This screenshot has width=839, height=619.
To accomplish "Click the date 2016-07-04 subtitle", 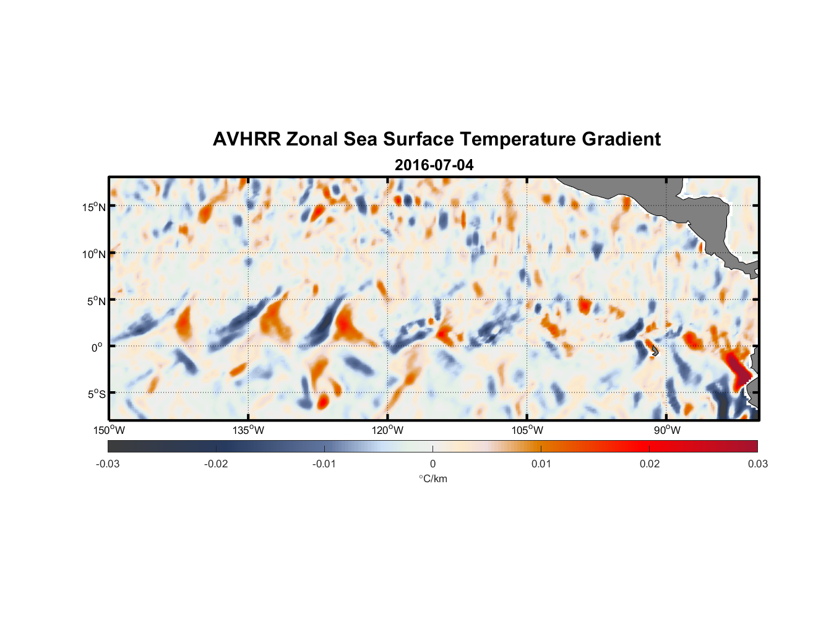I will pyautogui.click(x=434, y=165).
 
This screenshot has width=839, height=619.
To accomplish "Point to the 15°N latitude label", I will pyautogui.click(x=93, y=207).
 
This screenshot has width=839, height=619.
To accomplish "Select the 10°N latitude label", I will pyautogui.click(x=93, y=254).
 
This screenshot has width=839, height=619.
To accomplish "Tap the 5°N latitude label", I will pyautogui.click(x=95, y=301).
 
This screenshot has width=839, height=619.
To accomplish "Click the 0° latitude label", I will pyautogui.click(x=97, y=347).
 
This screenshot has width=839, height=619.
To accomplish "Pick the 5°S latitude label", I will pyautogui.click(x=95, y=394).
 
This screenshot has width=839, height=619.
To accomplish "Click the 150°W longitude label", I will pyautogui.click(x=109, y=430).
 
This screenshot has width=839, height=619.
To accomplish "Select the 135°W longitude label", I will pyautogui.click(x=248, y=430).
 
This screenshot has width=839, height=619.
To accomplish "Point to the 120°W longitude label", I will pyautogui.click(x=387, y=430).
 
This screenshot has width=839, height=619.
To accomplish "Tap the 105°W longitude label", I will pyautogui.click(x=527, y=430).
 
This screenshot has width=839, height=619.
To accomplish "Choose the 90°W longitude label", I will pyautogui.click(x=667, y=430).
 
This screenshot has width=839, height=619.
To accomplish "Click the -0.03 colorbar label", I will pyautogui.click(x=108, y=464).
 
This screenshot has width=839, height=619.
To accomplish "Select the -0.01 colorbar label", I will pyautogui.click(x=324, y=464).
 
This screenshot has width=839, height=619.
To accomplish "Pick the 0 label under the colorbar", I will pyautogui.click(x=432, y=464).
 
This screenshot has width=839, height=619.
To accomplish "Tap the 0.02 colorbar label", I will pyautogui.click(x=650, y=464).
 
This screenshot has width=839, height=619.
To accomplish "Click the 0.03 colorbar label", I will pyautogui.click(x=757, y=464).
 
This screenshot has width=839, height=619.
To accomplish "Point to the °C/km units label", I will pyautogui.click(x=432, y=478).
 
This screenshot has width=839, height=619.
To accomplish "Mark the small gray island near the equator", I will pyautogui.click(x=654, y=350).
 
